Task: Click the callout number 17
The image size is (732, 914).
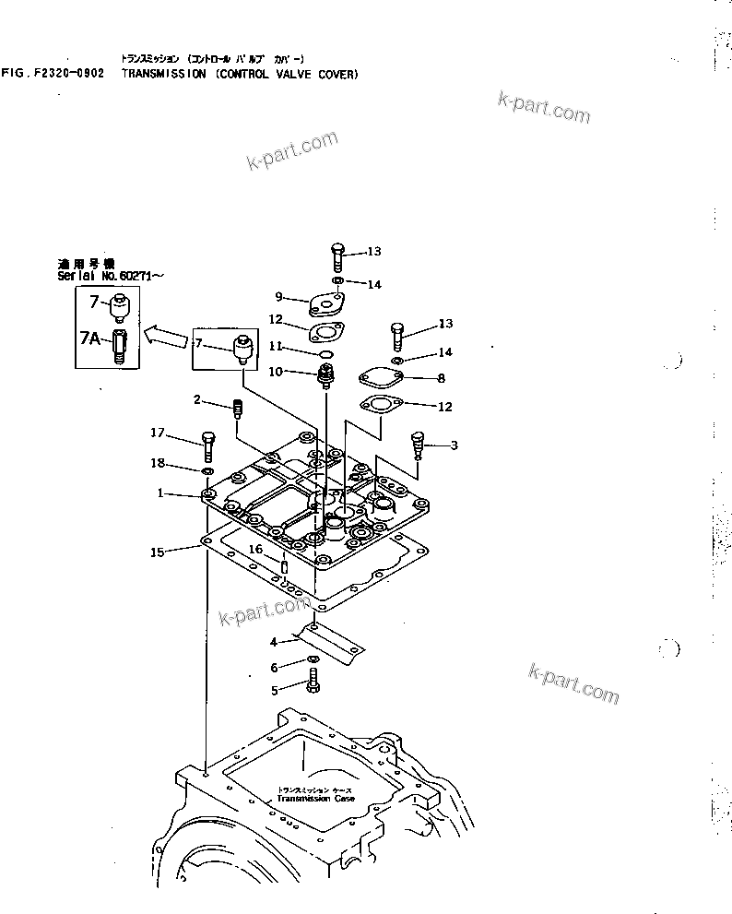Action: tap(158, 432)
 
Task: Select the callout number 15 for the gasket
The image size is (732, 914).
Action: tap(158, 552)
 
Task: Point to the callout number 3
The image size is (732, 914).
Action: tap(454, 445)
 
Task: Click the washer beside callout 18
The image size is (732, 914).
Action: tap(208, 473)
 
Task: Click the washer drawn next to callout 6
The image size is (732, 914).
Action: tap(313, 661)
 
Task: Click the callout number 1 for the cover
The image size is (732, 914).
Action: tap(159, 493)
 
